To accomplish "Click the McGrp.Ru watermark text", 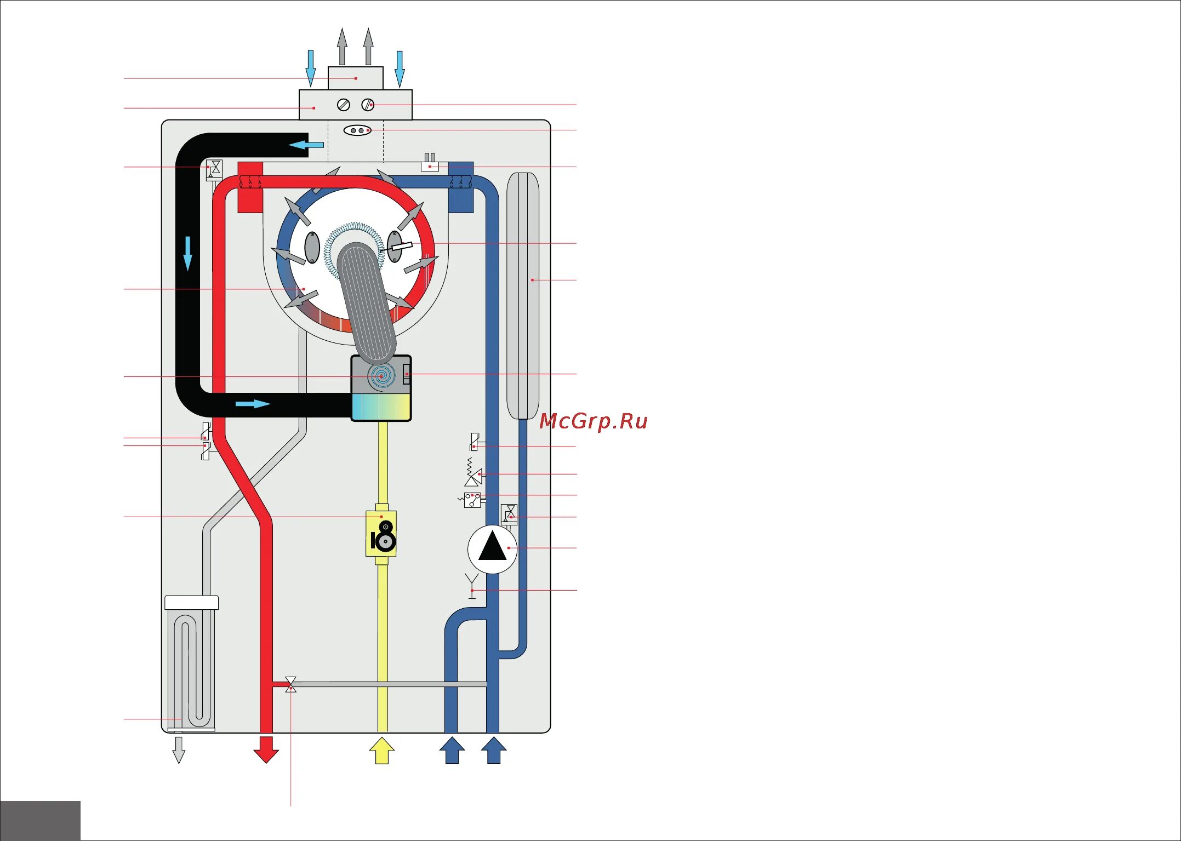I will (594, 421).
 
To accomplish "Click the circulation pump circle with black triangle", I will (492, 548).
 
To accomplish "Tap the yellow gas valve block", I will (381, 534).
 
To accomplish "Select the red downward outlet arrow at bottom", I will (266, 750).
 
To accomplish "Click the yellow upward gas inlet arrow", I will (381, 750).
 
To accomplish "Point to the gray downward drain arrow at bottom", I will (179, 750).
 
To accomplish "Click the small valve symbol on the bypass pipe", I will (291, 684).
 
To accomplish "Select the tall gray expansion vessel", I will (523, 296).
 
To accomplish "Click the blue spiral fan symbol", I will (382, 376).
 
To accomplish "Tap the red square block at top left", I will (250, 187).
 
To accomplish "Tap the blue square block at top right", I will (460, 187).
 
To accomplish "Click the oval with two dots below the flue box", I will (357, 130).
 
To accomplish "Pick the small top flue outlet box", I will (355, 78).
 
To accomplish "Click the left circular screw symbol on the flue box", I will (344, 105).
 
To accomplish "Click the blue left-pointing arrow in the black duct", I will (306, 145).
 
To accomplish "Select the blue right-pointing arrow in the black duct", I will (253, 404).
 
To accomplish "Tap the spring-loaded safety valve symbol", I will (472, 473).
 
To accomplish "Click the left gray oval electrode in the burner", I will (312, 247).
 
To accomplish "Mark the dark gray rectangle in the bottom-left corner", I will (40, 820).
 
